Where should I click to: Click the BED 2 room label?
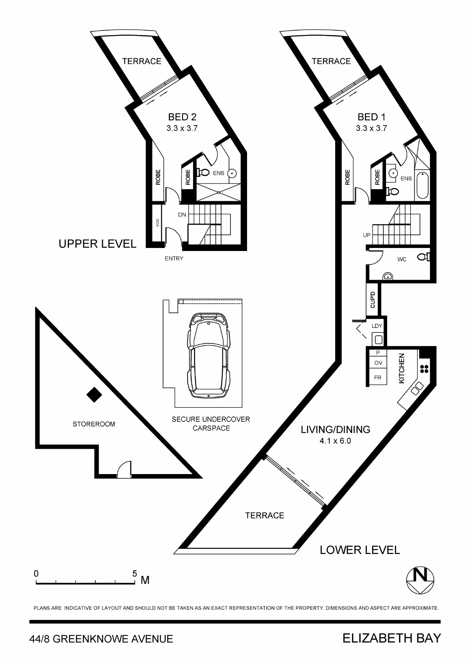coord(182,117)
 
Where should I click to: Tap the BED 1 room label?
coord(372,117)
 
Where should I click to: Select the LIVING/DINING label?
coord(335,430)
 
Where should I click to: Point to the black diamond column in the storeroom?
coord(94,395)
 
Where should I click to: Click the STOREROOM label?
coord(94,424)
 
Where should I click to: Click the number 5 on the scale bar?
coord(135,574)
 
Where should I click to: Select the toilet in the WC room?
coord(424,257)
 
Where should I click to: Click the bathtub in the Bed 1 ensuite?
coord(422,186)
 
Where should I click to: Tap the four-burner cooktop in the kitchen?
coord(424,369)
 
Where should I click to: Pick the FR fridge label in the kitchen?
coord(378,378)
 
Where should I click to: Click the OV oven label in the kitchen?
coord(378,363)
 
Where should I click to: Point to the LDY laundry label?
coord(377,326)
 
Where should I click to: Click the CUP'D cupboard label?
coord(373,300)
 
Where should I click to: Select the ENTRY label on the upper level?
coord(174,259)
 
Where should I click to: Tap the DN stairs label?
coord(182,215)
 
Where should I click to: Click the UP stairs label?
coord(367,235)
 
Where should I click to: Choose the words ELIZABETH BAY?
coord(392,638)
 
